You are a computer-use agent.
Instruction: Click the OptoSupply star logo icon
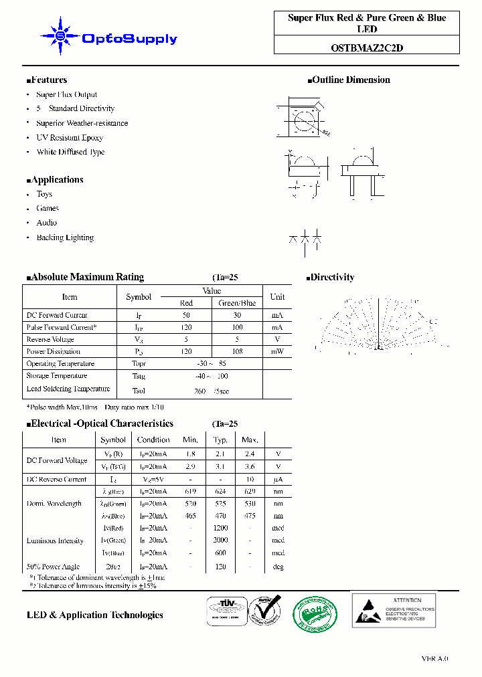point(60,36)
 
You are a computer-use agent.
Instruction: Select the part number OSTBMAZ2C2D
point(367,47)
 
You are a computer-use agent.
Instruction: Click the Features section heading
point(47,80)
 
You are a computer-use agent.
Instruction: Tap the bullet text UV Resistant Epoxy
point(70,138)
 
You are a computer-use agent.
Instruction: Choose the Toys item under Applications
point(44,194)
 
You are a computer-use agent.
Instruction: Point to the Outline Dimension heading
point(349,80)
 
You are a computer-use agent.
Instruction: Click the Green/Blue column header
point(237,303)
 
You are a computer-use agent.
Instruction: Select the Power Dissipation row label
point(54,352)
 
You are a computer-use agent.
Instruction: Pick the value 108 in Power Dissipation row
point(237,352)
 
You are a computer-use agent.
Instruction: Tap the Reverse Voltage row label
point(51,340)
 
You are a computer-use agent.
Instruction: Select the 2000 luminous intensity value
point(220,541)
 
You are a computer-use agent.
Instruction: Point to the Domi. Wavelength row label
point(54,504)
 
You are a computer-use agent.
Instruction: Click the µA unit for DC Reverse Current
point(278,479)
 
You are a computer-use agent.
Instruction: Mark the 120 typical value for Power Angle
point(220,567)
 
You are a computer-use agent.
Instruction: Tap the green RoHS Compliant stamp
point(315,612)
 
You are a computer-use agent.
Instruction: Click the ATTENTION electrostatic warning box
point(394,610)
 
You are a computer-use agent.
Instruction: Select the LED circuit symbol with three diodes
point(305,239)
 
